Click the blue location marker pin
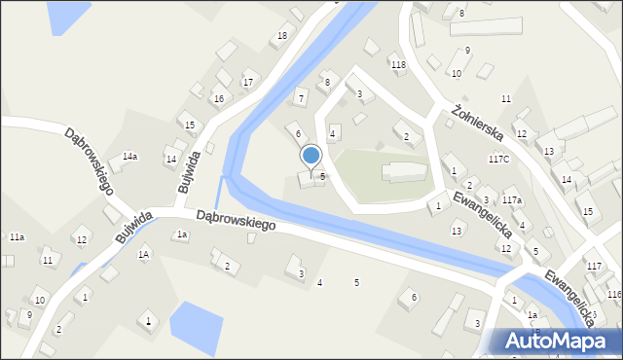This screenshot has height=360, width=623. point(311,157)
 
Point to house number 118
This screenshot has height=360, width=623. point(398,64)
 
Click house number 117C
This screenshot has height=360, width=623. point(499,159)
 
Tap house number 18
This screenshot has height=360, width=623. point(282,36)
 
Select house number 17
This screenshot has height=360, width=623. point(248,82)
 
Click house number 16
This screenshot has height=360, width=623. point(219,99)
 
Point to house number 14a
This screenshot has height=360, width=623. point(129,157)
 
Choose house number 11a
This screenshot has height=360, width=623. point(17,237)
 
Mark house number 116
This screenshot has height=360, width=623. point(613,294)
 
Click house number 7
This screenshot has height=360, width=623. point(302,98)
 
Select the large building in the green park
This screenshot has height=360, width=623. point(403,172)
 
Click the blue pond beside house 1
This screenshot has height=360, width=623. point(196,322)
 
